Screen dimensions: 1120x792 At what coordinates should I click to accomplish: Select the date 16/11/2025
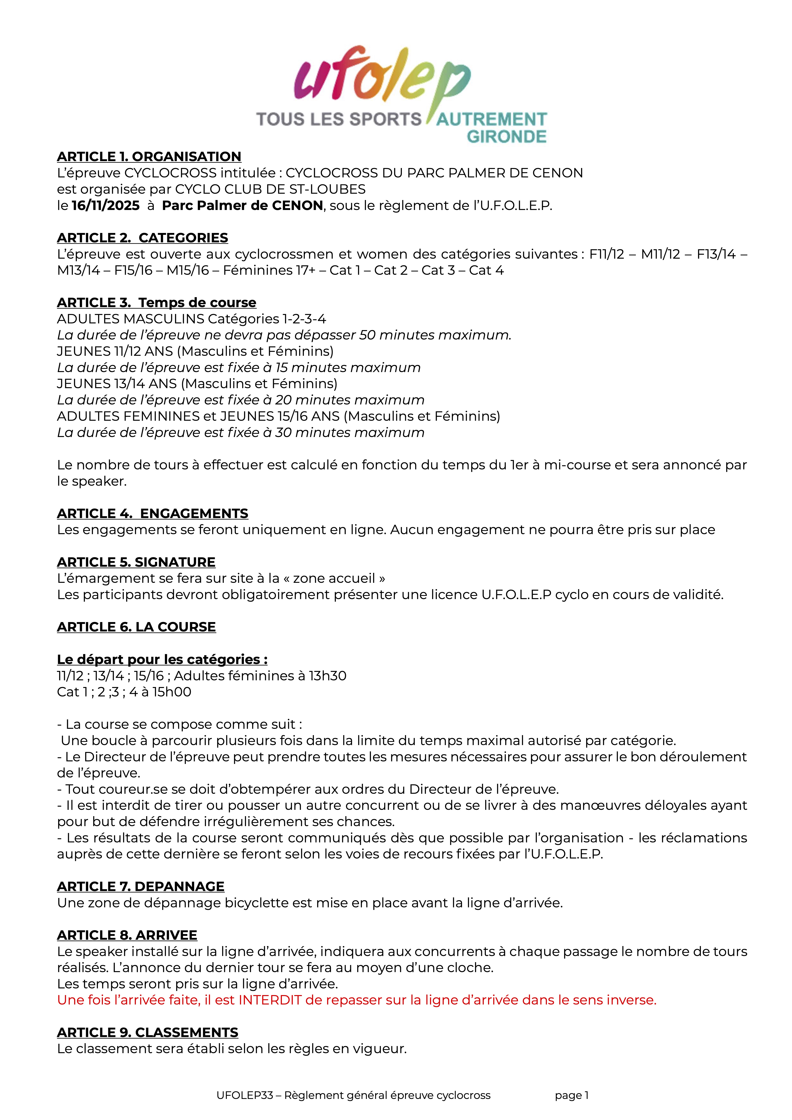point(105,205)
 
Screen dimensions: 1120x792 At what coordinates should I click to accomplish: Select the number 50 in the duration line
point(368,335)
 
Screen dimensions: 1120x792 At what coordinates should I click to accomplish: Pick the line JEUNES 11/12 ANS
point(195,351)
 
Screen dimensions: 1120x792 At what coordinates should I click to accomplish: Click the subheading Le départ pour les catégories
point(162,659)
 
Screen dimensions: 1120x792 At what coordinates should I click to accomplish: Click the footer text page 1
point(571,1095)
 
